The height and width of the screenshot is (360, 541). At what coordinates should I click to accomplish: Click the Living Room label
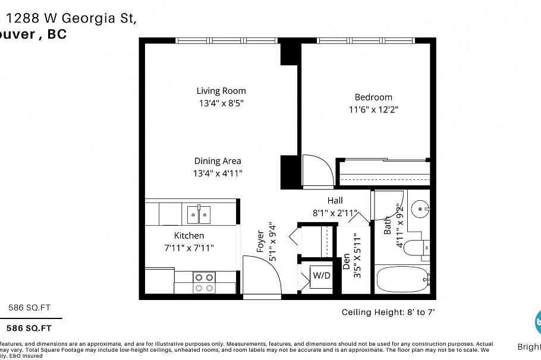tap(221, 91)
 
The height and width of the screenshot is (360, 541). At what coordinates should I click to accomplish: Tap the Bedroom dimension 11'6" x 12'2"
tap(373, 109)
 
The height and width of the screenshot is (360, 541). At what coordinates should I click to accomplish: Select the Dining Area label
tap(218, 161)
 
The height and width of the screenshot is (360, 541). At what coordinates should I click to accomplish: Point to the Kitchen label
tap(189, 236)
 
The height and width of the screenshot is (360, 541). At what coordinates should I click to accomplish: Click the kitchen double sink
tap(199, 214)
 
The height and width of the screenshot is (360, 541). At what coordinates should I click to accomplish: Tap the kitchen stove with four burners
tap(205, 282)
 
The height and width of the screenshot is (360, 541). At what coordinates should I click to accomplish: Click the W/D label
tap(322, 276)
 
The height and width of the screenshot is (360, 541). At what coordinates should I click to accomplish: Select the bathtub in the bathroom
tap(402, 280)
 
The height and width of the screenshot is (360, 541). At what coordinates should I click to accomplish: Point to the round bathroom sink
tap(422, 209)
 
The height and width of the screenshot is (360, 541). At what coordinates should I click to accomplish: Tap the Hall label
tap(335, 201)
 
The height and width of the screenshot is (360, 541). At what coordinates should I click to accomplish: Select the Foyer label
tap(260, 242)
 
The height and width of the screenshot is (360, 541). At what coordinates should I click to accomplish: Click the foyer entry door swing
tap(260, 273)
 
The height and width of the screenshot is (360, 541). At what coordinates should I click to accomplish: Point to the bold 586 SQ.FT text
tap(29, 328)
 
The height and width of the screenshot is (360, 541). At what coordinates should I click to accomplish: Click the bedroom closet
tap(383, 173)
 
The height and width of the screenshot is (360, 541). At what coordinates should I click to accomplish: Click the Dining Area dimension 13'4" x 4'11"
tap(218, 173)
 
